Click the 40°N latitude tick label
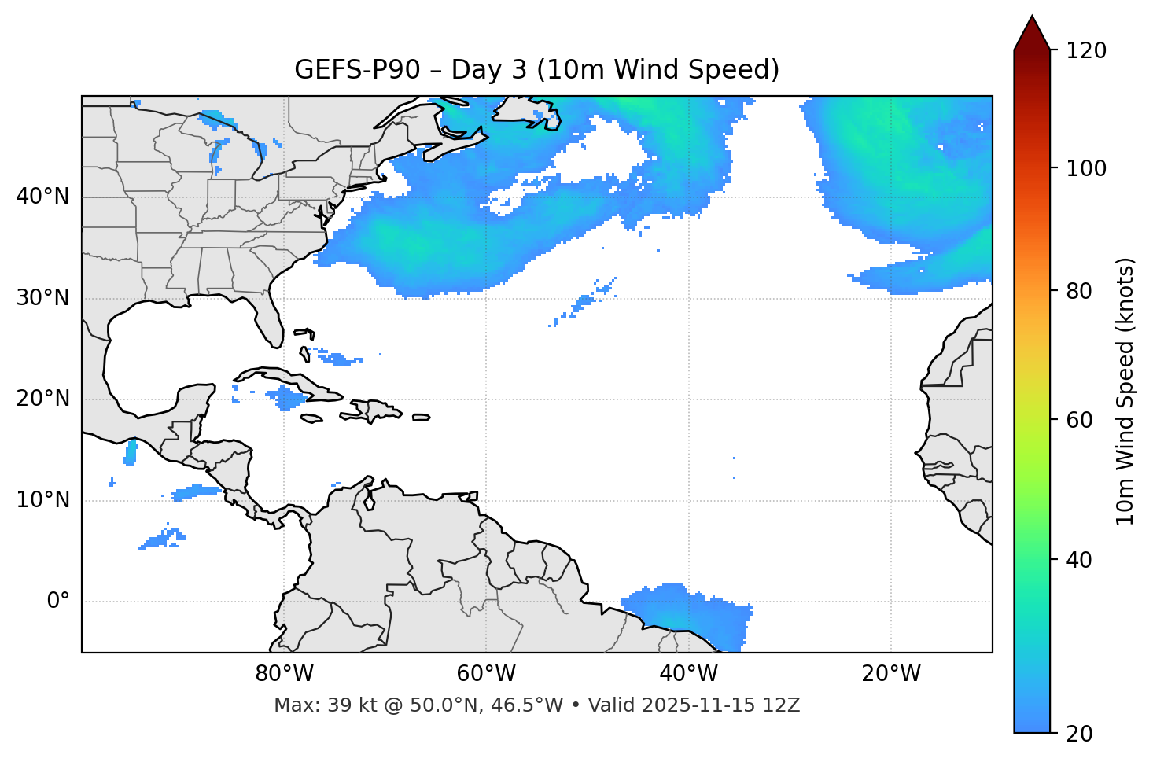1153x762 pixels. (42, 197)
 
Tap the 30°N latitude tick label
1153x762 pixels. (42, 298)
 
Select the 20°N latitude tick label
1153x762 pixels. (42, 399)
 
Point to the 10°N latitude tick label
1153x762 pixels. (42, 500)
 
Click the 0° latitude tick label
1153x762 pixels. (58, 602)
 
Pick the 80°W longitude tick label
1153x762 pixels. (284, 674)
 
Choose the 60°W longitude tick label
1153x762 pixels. (486, 674)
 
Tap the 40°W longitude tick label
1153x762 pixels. (688, 674)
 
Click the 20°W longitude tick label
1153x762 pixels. (891, 674)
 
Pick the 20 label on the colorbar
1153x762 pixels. (1081, 734)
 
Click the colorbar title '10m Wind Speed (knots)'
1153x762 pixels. (1125, 391)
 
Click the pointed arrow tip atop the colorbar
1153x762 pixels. (1032, 19)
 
